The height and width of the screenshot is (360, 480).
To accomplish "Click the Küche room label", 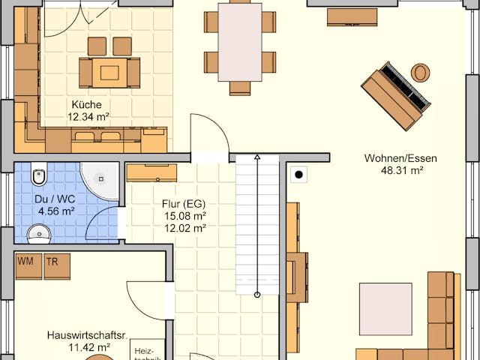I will pyautogui.click(x=87, y=104).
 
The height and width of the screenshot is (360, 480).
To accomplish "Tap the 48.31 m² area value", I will pyautogui.click(x=400, y=170).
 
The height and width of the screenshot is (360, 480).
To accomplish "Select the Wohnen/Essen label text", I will pyautogui.click(x=400, y=158).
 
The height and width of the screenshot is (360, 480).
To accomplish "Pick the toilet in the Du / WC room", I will pyautogui.click(x=39, y=177).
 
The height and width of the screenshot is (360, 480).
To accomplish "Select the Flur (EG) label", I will pyautogui.click(x=184, y=204).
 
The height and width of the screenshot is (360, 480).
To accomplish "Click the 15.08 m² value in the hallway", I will pyautogui.click(x=184, y=216).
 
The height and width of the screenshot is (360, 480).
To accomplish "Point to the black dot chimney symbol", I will pyautogui.click(x=298, y=175).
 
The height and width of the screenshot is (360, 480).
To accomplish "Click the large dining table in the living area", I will pyautogui.click(x=240, y=42).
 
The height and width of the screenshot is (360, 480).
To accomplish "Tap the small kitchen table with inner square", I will pyautogui.click(x=109, y=72).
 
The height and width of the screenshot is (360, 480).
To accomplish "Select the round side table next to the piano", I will pyautogui.click(x=420, y=73).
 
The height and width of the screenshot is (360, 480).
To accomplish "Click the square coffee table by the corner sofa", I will pyautogui.click(x=385, y=308).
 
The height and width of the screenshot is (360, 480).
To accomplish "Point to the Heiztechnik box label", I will pyautogui.click(x=144, y=352).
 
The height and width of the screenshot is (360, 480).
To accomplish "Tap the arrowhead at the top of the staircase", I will pyautogui.click(x=257, y=158).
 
